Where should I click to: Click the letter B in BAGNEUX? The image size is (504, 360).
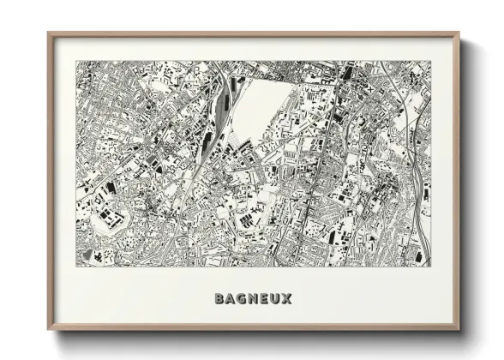tap(219, 299)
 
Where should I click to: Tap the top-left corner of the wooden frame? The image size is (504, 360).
tap(48, 33)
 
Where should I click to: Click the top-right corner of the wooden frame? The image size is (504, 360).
tap(459, 33)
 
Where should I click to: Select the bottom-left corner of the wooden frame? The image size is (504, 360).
tap(48, 330)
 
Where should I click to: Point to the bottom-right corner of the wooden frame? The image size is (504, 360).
tap(459, 330)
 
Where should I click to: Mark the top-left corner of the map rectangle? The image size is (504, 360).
tap(75, 60)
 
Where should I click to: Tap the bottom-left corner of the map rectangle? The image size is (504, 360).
tap(75, 266)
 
